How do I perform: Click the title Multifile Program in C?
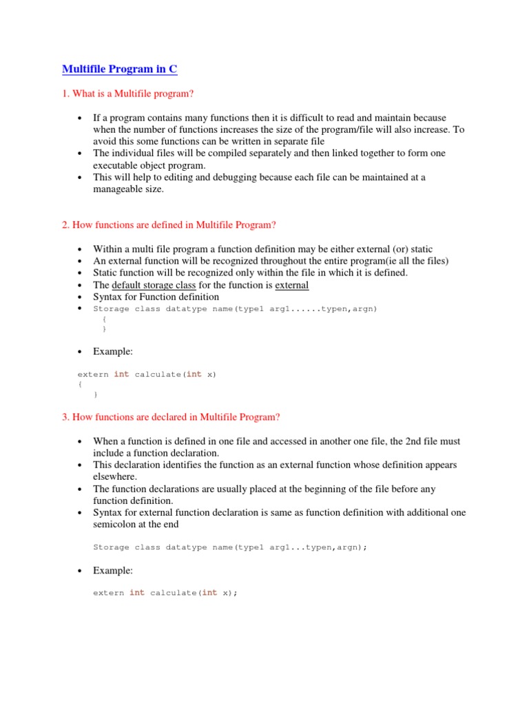coord(120,70)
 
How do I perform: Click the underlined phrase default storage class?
coord(154,285)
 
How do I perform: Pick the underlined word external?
coord(292,285)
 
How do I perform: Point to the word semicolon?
coord(116,524)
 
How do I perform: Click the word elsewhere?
coord(115,476)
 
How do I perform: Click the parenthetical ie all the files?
coord(408,261)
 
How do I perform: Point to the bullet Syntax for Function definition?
coord(156,297)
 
